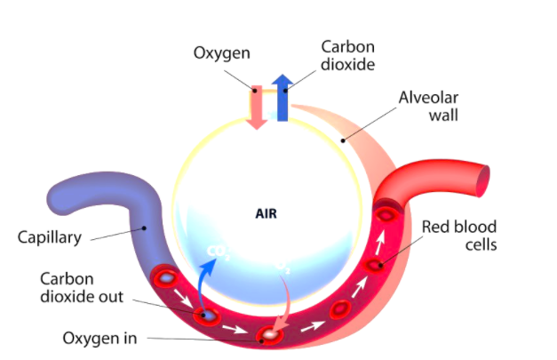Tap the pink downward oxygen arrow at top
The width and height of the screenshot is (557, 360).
tap(257, 108)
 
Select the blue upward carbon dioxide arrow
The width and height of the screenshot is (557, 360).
tap(282, 98)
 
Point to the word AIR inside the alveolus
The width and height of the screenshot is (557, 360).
tap(267, 213)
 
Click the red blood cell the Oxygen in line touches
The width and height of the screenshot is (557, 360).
tap(268, 335)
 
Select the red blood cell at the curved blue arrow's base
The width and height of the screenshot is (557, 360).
tap(210, 316)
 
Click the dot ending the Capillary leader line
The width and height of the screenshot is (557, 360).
tap(144, 228)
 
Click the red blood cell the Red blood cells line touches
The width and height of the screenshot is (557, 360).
tap(377, 265)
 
